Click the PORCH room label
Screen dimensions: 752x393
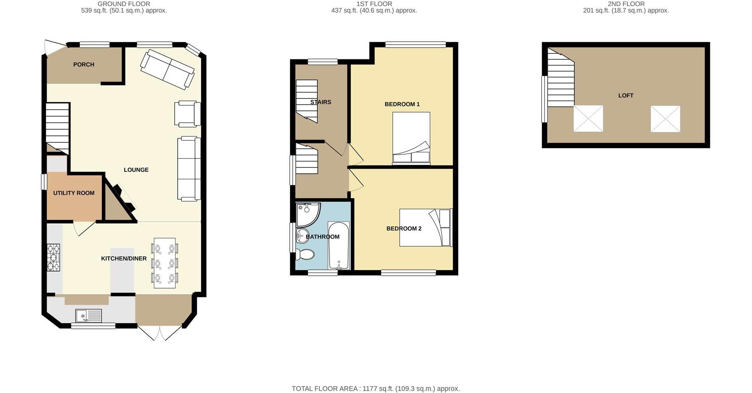[x=84, y=65]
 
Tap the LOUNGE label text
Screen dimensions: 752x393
[x=136, y=170]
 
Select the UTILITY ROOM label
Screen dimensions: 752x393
[x=74, y=193]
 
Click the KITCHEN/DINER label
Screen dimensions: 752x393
[x=124, y=258]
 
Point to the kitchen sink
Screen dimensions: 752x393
[x=88, y=316]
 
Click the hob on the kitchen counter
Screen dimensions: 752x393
[x=53, y=257]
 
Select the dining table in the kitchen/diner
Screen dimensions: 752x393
[x=164, y=263]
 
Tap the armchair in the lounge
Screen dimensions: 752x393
[x=187, y=114]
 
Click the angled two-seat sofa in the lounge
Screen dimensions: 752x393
[x=168, y=69]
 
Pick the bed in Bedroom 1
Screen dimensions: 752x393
[x=411, y=138]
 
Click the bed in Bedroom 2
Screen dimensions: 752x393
[x=426, y=227]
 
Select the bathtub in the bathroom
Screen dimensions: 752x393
[x=339, y=246]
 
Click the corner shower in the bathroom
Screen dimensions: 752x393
[x=307, y=214]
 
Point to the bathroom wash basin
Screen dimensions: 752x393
[x=303, y=236]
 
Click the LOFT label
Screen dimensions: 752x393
[x=626, y=96]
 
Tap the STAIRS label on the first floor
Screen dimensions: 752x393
[x=321, y=102]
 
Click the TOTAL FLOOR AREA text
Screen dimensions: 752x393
[x=376, y=389]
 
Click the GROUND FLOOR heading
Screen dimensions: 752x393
[x=124, y=4]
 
